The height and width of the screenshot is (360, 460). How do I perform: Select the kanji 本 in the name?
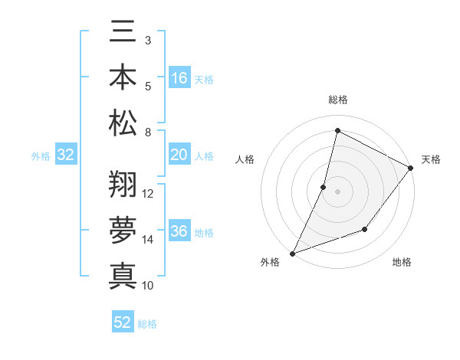pos(123,79)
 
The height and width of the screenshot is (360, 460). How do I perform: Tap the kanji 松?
pos(123,123)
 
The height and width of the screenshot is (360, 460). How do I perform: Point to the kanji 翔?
pos(123,185)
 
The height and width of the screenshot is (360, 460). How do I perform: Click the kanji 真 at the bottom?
pos(123,275)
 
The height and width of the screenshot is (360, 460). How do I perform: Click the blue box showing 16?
pos(179,78)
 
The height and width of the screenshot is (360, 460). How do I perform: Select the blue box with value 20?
pos(179,155)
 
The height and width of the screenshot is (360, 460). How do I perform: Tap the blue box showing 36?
pos(179,232)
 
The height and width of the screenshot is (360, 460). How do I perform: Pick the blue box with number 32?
pos(66,155)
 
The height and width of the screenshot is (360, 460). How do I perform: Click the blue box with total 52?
pos(123,323)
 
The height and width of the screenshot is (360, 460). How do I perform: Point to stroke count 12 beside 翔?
pos(149,193)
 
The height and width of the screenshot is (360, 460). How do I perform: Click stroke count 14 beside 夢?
pos(149,239)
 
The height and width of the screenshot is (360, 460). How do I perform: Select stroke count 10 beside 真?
pos(149,285)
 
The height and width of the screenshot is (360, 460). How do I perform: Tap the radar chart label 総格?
pos(337,100)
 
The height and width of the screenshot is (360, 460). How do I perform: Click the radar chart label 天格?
pos(432,159)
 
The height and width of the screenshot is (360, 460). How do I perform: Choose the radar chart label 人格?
pos(245,159)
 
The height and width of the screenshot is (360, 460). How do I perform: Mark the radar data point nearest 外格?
pos(292,253)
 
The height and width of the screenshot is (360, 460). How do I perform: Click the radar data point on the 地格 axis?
pos(366,229)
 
